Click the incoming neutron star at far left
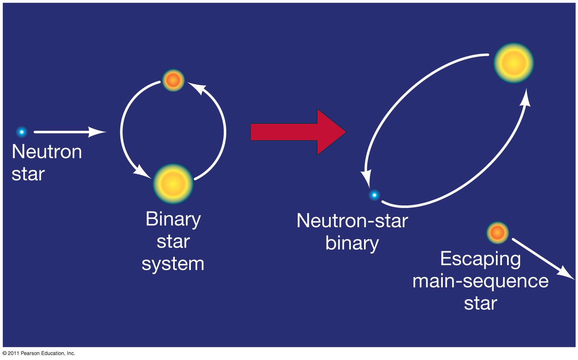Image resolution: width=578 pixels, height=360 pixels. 21,132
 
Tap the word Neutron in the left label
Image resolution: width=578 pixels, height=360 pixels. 47,152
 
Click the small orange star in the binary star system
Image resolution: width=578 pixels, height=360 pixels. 173,80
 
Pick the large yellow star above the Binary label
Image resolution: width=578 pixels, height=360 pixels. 173,184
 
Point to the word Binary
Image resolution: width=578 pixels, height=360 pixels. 173,219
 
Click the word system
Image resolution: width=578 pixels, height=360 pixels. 173,264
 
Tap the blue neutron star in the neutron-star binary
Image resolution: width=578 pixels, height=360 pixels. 374,195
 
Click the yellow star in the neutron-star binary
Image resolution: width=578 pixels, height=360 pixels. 514,63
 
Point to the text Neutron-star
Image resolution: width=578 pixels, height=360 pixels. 352,221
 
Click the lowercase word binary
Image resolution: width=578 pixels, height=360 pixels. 352,243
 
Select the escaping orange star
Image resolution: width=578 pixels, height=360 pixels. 497,233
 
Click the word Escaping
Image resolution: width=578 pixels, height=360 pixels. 480,259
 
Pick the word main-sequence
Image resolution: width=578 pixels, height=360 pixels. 480,281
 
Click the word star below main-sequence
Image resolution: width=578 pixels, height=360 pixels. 480,304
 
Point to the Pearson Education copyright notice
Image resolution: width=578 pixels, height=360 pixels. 39,353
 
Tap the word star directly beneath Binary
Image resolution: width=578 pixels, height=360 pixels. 173,242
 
